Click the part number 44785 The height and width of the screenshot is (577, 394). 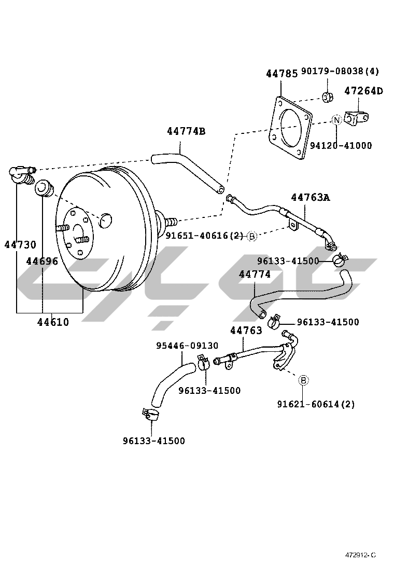(x=282, y=74)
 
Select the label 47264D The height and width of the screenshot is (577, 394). (x=363, y=90)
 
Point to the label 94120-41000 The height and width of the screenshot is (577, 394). (x=341, y=145)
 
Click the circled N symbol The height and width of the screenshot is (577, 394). (x=336, y=119)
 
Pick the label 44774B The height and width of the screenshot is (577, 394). (x=186, y=131)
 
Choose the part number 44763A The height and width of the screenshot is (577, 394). (x=311, y=198)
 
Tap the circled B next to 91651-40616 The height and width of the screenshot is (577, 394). (x=252, y=236)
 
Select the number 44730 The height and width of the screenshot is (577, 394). (x=20, y=244)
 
